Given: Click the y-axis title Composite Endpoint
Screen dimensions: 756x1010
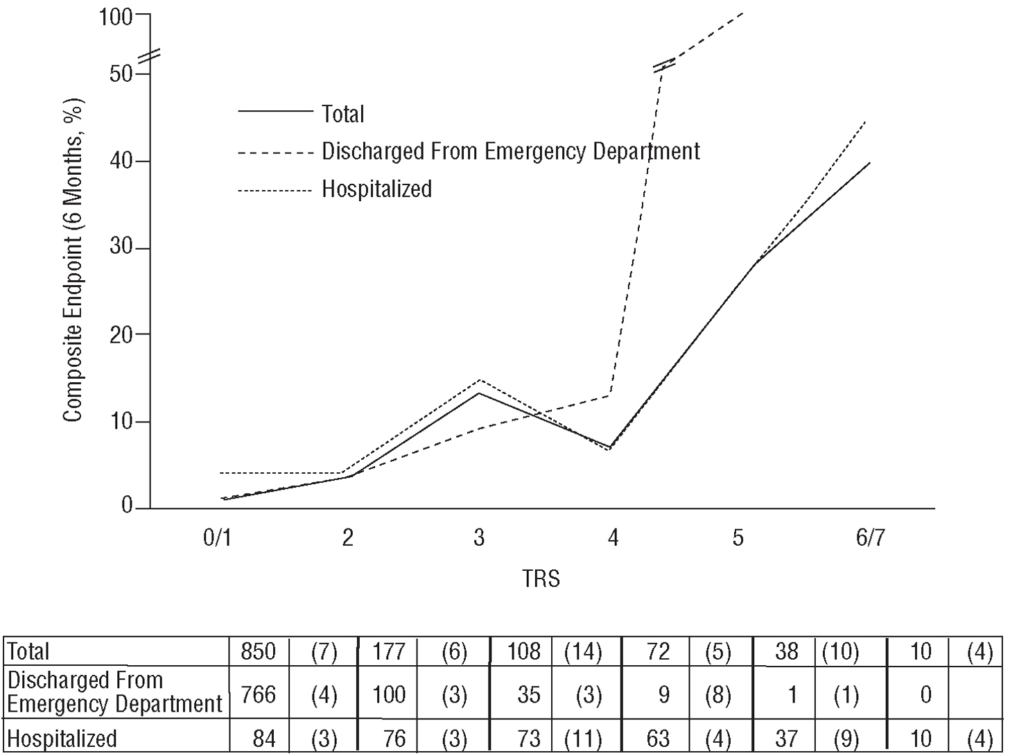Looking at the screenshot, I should [x=73, y=260].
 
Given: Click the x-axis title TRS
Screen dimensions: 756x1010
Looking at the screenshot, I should [x=541, y=578].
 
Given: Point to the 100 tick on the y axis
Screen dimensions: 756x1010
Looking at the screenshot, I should [x=115, y=16].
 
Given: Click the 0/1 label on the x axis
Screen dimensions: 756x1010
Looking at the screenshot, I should [x=217, y=538].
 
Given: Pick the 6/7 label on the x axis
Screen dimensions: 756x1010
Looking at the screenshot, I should [x=870, y=538].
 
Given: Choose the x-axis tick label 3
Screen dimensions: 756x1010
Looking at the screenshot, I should [x=479, y=538].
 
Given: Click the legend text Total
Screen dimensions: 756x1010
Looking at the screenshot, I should [x=342, y=114].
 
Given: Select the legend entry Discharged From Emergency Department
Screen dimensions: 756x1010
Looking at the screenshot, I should [x=510, y=151].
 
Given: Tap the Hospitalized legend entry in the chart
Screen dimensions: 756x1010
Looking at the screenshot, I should [x=376, y=189].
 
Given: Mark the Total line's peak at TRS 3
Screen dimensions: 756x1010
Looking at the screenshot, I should [x=479, y=393].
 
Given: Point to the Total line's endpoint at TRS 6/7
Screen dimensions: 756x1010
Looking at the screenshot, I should [x=869, y=163].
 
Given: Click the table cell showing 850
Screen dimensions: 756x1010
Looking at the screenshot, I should [x=259, y=652].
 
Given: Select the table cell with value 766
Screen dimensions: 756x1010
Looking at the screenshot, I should [x=259, y=694].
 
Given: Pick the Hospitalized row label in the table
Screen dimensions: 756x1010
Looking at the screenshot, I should [x=62, y=739].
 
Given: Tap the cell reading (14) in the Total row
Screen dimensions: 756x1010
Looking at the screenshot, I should [x=583, y=652].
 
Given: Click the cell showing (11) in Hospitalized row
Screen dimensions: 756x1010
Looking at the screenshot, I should [x=583, y=739].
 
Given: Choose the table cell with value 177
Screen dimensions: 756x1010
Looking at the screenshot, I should [x=389, y=652].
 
